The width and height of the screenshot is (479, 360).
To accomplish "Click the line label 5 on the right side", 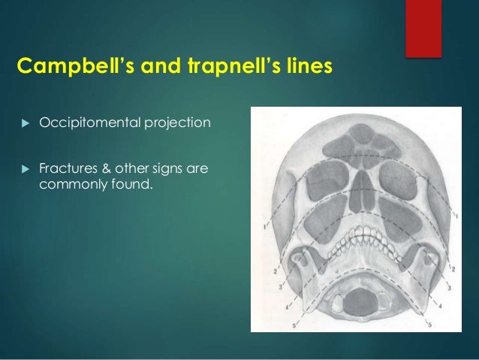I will tap(431, 325).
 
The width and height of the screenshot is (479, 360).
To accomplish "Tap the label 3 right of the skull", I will tap(448, 289).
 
